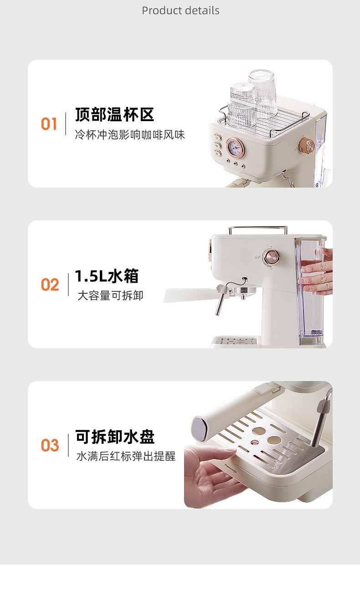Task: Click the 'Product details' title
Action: click(x=180, y=10)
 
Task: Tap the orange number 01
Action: click(x=49, y=124)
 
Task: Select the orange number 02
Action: click(x=50, y=285)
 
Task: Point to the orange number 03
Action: click(x=50, y=445)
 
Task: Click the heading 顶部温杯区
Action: click(x=115, y=115)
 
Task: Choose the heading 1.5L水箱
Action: click(x=107, y=276)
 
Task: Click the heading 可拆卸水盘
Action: click(x=115, y=437)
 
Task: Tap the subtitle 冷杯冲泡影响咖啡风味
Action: click(x=130, y=135)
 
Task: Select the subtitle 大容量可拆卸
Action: click(x=110, y=295)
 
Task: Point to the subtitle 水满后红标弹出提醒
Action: click(x=126, y=456)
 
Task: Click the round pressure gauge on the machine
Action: click(x=235, y=147)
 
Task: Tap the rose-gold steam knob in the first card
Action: click(x=306, y=146)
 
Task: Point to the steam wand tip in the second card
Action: click(x=217, y=313)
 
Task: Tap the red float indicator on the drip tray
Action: click(x=255, y=442)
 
